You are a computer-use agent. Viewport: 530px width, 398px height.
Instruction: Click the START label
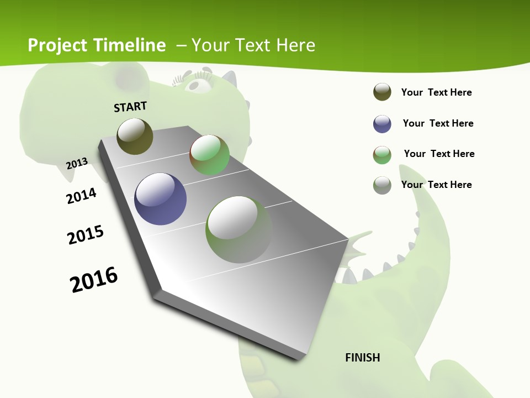(x=130, y=106)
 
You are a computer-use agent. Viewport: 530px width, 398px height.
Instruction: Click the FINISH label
(x=362, y=358)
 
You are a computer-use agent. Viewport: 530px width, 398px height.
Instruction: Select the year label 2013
(x=77, y=163)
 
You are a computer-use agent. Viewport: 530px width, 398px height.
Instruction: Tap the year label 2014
(x=81, y=196)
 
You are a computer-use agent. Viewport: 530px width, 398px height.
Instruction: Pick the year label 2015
(x=86, y=235)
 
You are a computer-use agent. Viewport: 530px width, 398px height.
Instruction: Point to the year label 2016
(x=94, y=280)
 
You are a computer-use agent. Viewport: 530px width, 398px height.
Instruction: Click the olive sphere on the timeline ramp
(x=135, y=136)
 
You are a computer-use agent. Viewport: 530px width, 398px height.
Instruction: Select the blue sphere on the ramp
(x=160, y=199)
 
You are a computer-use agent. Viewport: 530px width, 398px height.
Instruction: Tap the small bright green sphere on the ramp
(x=209, y=155)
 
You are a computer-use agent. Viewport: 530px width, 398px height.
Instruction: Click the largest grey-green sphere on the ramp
(x=239, y=229)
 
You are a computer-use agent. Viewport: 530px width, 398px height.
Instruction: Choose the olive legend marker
(x=382, y=92)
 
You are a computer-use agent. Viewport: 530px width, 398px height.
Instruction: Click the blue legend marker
(x=382, y=124)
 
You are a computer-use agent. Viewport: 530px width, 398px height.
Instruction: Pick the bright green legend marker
(x=382, y=155)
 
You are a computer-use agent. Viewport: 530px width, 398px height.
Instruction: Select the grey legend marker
(x=382, y=185)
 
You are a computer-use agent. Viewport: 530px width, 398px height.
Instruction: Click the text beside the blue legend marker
(x=438, y=123)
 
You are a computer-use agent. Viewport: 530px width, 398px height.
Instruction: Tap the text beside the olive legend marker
(x=436, y=92)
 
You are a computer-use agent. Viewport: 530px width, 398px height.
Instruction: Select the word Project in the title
(x=58, y=45)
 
